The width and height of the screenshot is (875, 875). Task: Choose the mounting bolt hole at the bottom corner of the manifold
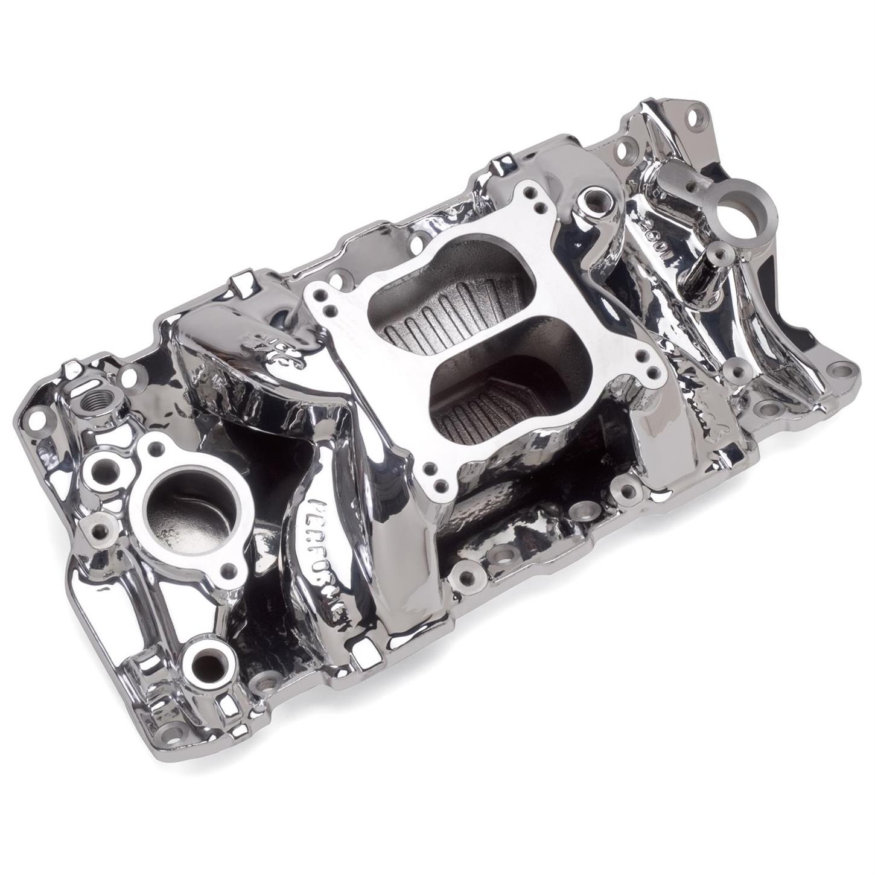177,734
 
